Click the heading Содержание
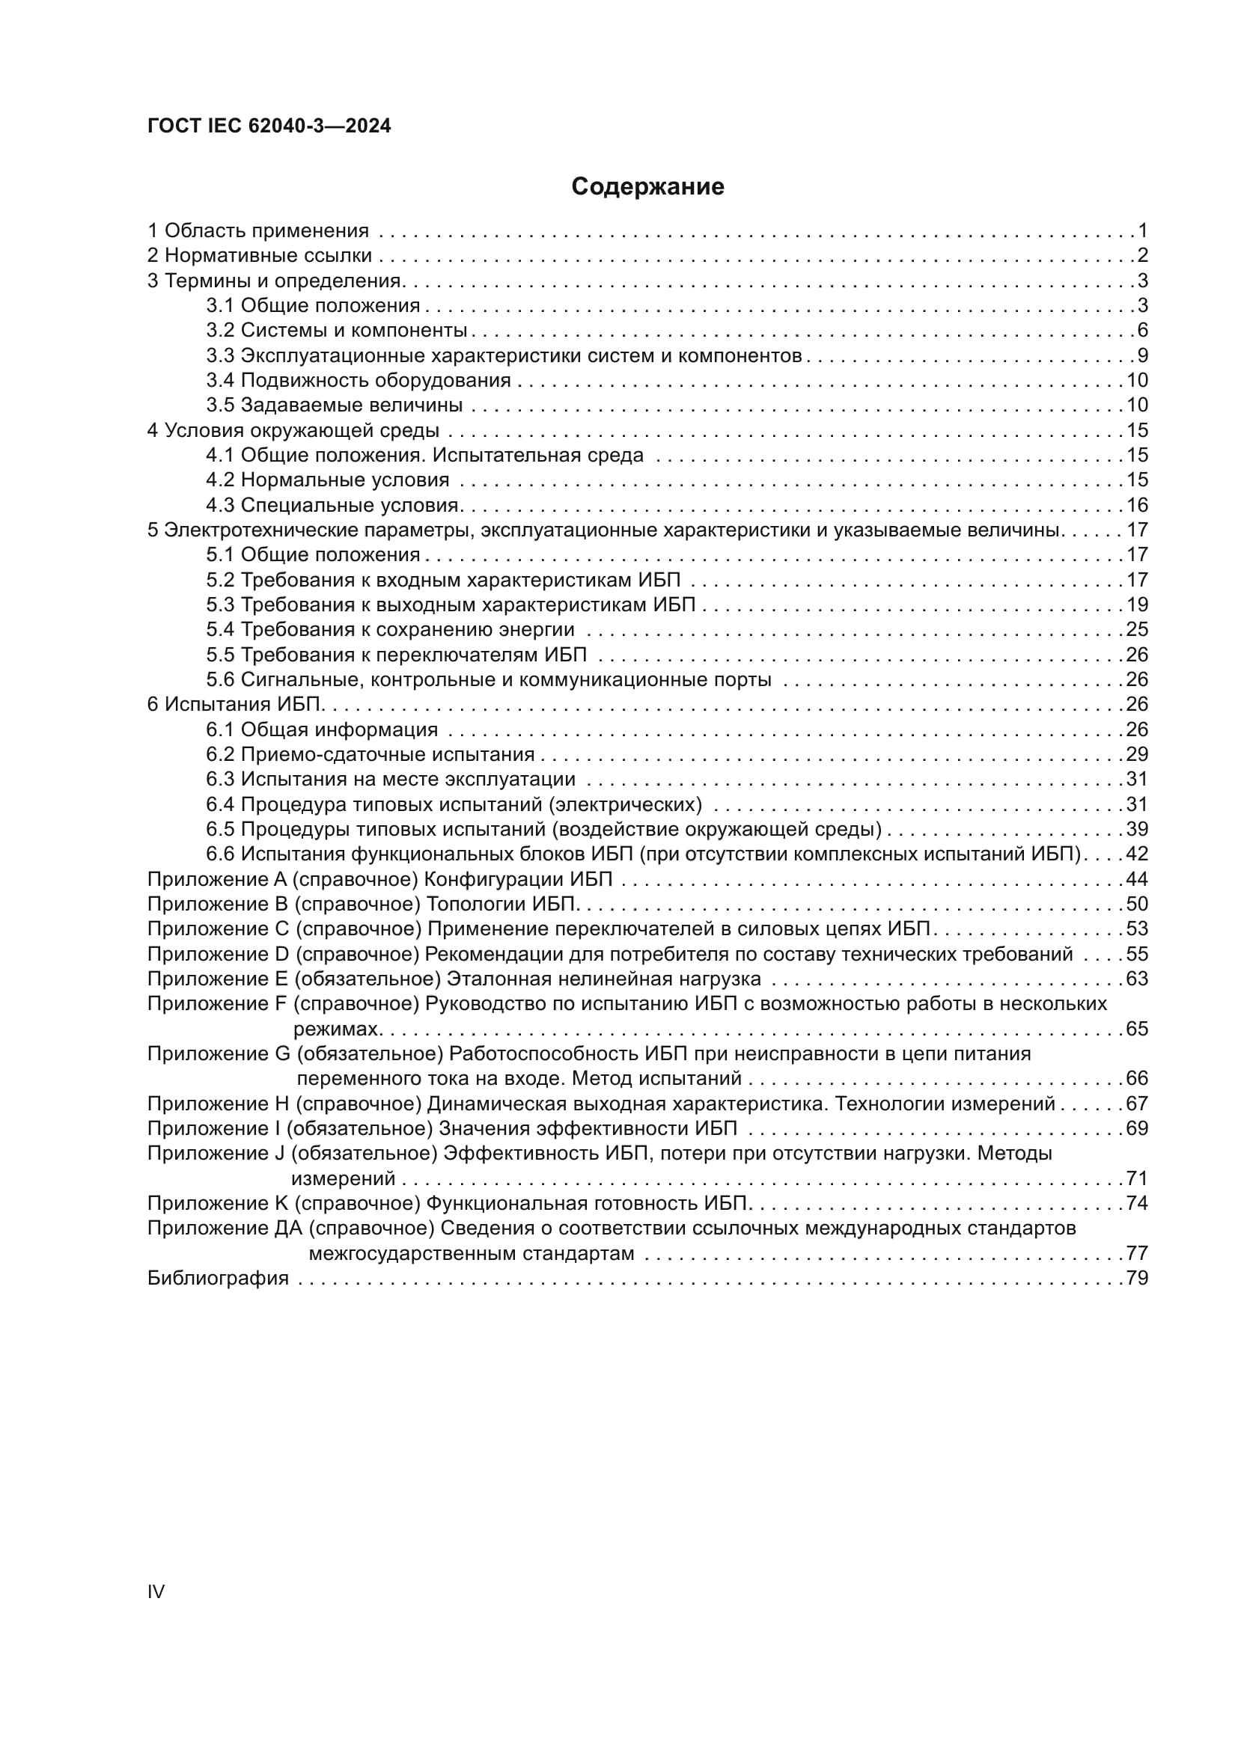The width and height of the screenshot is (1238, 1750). pos(647,187)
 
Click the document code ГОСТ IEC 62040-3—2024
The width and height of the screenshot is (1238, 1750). pos(269,126)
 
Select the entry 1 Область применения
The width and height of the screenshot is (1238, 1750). pos(258,230)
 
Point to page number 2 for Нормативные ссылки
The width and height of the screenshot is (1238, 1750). pos(1142,255)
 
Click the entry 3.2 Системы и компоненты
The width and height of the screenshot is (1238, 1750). pos(336,330)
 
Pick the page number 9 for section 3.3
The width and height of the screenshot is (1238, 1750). pos(1142,355)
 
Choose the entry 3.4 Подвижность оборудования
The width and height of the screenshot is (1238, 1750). pos(359,380)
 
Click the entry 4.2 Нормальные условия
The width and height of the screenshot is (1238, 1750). pos(327,480)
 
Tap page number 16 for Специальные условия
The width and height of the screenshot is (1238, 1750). pos(1138,504)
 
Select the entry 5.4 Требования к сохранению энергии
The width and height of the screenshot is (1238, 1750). pos(389,629)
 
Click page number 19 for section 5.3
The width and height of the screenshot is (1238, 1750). pos(1138,605)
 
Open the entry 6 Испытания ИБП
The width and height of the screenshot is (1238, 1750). pos(237,704)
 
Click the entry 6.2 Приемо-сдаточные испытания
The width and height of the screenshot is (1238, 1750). pos(370,755)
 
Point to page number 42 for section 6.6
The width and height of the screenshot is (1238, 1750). pos(1138,854)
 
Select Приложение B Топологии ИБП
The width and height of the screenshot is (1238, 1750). pos(364,904)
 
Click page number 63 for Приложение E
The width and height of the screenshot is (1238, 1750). pos(1138,979)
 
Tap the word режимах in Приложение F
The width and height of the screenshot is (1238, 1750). pos(336,1029)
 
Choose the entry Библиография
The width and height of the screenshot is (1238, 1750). pos(218,1278)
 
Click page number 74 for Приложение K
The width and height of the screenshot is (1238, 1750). pos(1138,1204)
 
